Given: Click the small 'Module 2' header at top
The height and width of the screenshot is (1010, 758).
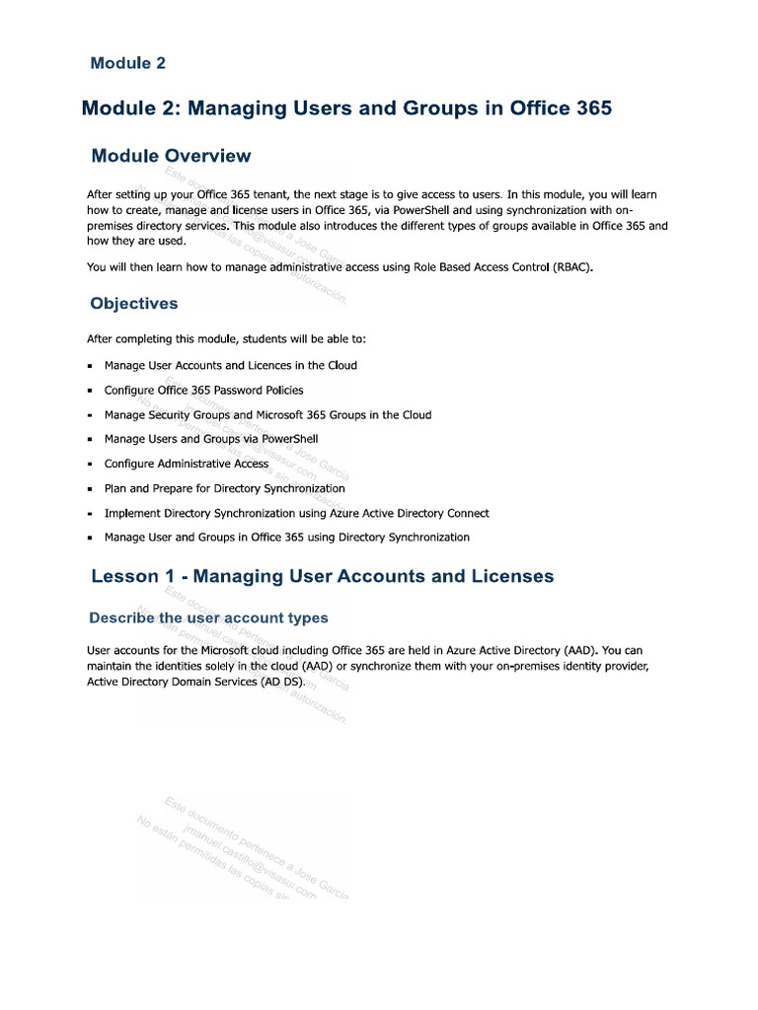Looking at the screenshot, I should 128,63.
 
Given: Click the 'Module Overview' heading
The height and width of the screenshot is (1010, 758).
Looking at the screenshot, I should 171,156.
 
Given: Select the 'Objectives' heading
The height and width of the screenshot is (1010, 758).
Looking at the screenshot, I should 134,304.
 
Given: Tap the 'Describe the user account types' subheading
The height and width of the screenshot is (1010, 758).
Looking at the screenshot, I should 208,618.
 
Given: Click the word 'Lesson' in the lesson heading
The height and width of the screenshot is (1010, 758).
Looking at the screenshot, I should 124,576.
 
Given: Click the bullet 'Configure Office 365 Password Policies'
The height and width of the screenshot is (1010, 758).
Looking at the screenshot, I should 203,391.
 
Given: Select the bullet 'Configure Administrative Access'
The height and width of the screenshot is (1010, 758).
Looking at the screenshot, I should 186,464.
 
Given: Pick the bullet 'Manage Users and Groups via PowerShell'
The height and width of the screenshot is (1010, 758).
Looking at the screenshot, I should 210,439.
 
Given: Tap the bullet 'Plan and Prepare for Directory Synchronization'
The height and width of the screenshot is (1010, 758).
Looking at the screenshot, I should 224,488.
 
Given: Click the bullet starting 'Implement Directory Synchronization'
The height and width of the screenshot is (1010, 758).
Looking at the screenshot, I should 296,513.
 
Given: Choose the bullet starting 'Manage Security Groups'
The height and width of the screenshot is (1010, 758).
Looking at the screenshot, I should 267,415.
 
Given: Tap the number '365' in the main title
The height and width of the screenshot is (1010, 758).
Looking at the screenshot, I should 591,108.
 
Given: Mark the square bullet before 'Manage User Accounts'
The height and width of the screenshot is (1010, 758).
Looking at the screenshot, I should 90,366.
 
